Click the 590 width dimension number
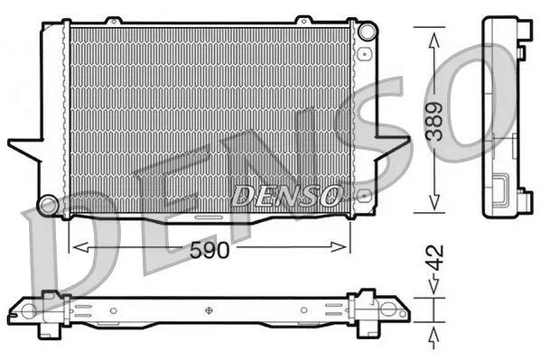click(209, 252)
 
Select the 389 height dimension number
click(435, 119)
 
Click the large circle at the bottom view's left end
click(28, 312)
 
